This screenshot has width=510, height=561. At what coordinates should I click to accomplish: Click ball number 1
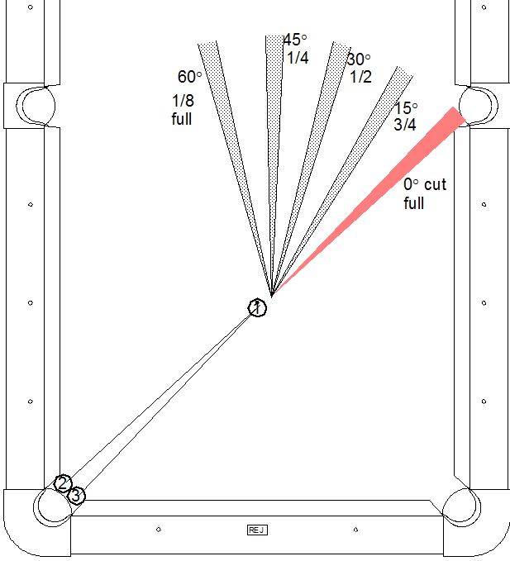257,307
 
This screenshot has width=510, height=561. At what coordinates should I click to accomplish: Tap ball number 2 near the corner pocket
63,483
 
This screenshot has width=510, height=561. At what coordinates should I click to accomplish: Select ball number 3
76,496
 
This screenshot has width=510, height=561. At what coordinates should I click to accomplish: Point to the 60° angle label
189,77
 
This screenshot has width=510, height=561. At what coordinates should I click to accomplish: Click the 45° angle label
295,40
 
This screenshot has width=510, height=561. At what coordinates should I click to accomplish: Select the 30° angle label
359,59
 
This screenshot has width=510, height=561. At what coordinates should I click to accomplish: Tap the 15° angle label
406,107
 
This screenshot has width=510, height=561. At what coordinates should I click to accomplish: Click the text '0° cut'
425,184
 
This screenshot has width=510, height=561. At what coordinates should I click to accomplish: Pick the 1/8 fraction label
183,101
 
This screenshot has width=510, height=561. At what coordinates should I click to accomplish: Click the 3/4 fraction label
405,125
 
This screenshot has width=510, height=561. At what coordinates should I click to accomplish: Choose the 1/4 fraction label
298,58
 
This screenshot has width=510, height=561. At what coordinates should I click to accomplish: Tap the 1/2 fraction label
360,77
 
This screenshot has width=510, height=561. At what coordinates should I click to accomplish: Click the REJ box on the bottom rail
257,530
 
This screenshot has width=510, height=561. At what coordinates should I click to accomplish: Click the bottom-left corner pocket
53,507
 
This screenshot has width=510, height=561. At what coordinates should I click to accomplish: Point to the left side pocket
36,106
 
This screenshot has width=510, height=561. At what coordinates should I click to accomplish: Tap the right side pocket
479,106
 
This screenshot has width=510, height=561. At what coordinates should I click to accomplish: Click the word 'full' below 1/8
182,119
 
